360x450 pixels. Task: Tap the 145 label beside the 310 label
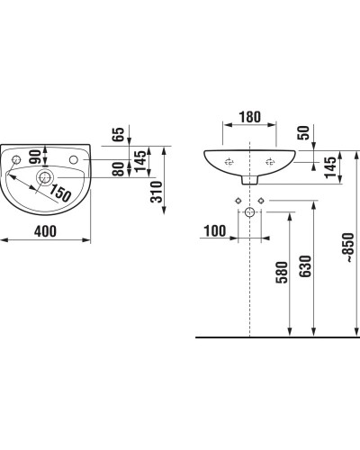point(139,163)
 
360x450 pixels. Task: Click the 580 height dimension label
point(282,274)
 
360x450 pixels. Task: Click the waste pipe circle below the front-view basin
point(249,214)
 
